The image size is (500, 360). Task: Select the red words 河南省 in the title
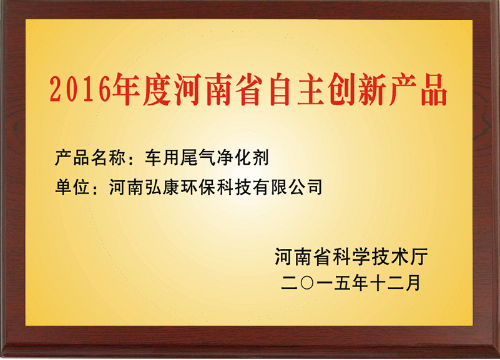click(218, 89)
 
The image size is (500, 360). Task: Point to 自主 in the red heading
click(295, 89)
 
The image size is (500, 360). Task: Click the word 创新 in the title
click(356, 89)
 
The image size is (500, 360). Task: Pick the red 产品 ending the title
click(418, 89)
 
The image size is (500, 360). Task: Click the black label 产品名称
click(91, 157)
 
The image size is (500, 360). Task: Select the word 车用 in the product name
click(162, 157)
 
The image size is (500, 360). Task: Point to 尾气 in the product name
click(198, 157)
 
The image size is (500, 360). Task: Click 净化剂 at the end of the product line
click(243, 157)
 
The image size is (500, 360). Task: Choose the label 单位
click(72, 187)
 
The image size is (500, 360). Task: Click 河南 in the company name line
click(126, 187)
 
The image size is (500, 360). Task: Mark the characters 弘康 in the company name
click(162, 187)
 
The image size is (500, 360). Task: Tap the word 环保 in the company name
click(199, 187)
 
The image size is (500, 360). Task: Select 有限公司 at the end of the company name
click(288, 187)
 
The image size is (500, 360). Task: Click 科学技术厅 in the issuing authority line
click(380, 257)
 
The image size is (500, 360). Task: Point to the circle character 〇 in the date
click(306, 283)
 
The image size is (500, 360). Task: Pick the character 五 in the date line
click(342, 283)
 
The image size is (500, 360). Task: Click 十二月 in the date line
click(395, 283)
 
